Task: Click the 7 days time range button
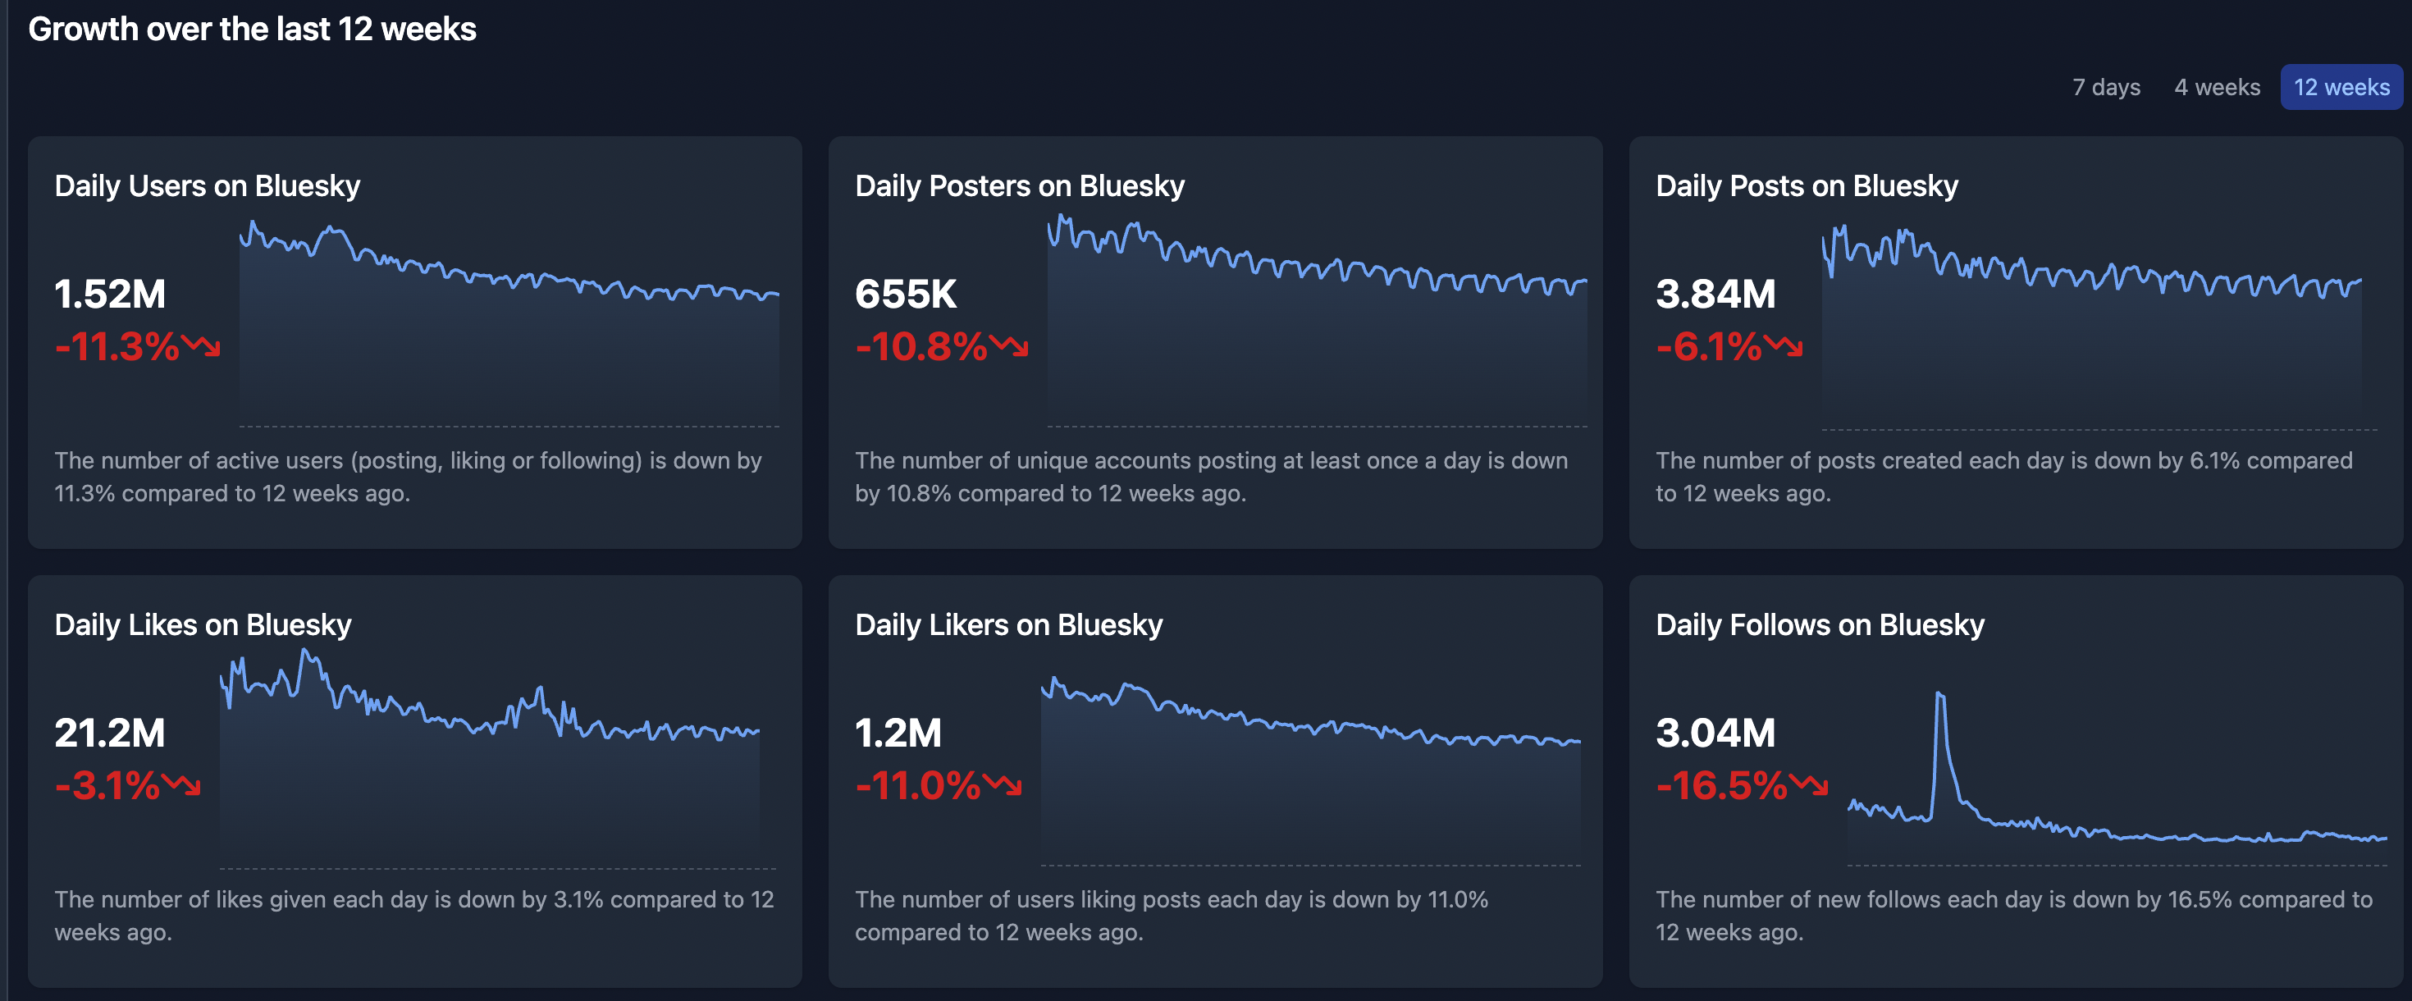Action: pos(2106,87)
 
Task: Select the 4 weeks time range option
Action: pos(2216,87)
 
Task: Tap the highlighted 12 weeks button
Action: pos(2341,87)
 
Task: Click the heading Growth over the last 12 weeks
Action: pos(252,29)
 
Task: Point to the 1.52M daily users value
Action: pos(110,294)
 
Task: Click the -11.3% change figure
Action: pos(117,346)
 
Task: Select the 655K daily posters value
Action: pos(906,294)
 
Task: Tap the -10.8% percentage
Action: pos(921,346)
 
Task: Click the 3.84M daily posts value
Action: pos(1715,294)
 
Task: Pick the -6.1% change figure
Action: pos(1709,346)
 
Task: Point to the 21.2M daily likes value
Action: pos(110,732)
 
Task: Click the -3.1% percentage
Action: pos(107,784)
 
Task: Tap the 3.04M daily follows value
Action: pos(1715,732)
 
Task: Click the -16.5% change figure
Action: pos(1722,784)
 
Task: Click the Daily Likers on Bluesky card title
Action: pos(1008,624)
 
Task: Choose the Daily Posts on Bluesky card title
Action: pos(1807,185)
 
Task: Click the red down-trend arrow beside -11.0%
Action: pos(1003,784)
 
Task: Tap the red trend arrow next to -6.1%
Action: pos(1784,345)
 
